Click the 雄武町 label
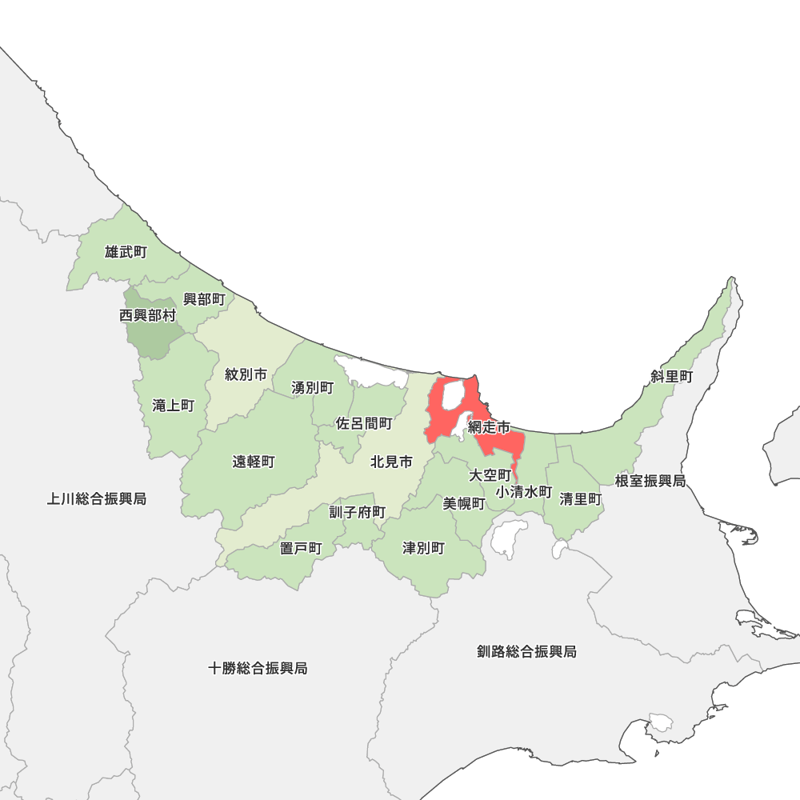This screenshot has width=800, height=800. click(x=126, y=252)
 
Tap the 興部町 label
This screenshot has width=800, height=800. click(x=204, y=299)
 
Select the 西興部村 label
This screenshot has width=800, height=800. click(x=147, y=315)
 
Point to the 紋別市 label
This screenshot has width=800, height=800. click(x=246, y=374)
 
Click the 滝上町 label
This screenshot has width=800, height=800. click(x=173, y=406)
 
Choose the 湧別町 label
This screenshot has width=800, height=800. click(x=312, y=387)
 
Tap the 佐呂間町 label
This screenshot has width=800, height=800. click(x=364, y=423)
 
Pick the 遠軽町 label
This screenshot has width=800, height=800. click(x=254, y=462)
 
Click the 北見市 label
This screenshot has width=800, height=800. click(x=391, y=462)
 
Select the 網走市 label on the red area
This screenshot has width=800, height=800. click(x=490, y=428)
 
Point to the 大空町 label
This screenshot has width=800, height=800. click(x=490, y=475)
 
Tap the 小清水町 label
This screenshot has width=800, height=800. click(x=524, y=491)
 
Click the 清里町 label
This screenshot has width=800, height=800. click(x=581, y=498)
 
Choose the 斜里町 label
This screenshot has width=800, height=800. click(x=671, y=376)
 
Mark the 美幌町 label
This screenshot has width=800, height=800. click(x=464, y=503)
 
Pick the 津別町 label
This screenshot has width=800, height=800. click(x=423, y=548)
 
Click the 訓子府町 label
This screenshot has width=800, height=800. click(x=358, y=512)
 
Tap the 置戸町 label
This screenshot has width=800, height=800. click(x=301, y=548)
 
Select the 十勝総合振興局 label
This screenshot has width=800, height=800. click(x=258, y=668)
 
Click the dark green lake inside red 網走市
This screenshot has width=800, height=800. click(x=452, y=395)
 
